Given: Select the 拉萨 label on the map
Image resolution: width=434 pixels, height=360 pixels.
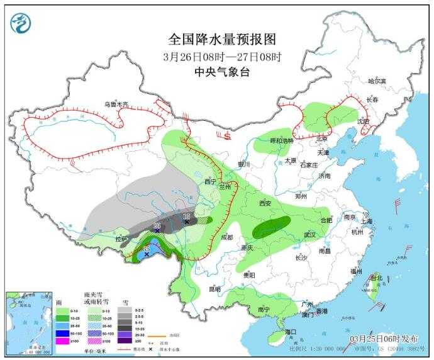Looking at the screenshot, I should coord(121,239).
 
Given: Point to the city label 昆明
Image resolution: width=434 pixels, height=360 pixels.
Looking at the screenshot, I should coord(214,290).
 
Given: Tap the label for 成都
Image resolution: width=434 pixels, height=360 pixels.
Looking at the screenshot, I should coord(226,237).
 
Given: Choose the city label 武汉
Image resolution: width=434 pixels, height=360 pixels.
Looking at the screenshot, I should coord(309,234).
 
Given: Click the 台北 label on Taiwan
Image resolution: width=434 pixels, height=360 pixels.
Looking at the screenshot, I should coord(376,278).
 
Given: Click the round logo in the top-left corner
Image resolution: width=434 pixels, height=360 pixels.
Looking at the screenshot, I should coord(21,23).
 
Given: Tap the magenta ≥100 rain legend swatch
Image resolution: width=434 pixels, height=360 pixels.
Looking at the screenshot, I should coord(63,342).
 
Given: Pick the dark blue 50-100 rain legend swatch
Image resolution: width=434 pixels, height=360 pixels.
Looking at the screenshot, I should coord(63,334).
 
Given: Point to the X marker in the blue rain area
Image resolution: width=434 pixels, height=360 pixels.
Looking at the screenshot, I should coord(147,254).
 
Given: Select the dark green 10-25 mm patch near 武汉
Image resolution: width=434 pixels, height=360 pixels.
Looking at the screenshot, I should coord(272,227).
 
